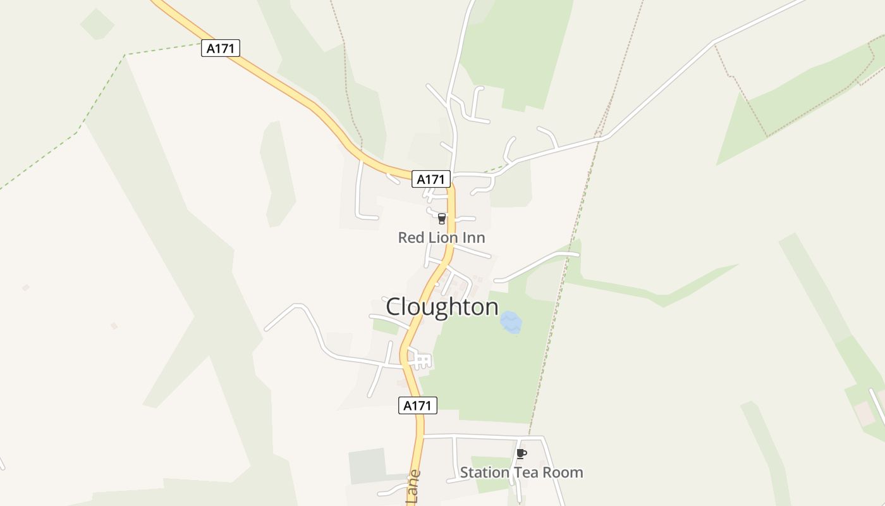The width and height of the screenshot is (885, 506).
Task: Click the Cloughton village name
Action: [x=442, y=307]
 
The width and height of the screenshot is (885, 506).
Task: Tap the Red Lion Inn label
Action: [x=441, y=238]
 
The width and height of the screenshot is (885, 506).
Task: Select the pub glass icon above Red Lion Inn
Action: [x=441, y=219]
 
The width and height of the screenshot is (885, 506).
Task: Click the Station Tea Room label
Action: [x=521, y=472]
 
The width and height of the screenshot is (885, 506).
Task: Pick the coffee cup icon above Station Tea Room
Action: [x=521, y=454]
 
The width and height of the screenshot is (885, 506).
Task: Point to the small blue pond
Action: [x=511, y=322]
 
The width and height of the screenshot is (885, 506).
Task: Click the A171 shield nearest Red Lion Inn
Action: [x=431, y=179]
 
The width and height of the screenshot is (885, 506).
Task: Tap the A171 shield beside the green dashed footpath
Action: [x=221, y=48]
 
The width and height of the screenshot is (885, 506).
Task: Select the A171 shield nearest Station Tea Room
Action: [x=418, y=405]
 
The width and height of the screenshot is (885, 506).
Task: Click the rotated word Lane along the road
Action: [x=413, y=487]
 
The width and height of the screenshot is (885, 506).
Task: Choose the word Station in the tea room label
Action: [x=484, y=472]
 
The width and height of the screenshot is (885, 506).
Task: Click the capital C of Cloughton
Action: [x=393, y=307]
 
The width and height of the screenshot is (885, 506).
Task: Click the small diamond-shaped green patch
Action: [x=97, y=24]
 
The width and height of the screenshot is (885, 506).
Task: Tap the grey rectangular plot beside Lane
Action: [x=367, y=466]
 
